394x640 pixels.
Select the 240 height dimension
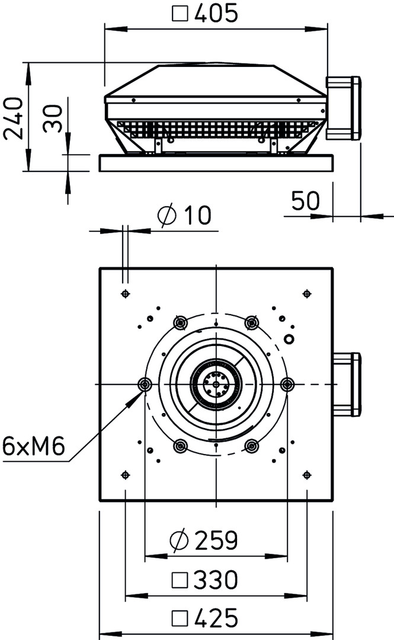coord(12,119)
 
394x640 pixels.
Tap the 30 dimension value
coord(53,119)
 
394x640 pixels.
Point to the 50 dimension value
coord(306,200)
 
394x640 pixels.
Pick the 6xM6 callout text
coord(34,446)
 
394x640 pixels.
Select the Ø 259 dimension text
coord(203,540)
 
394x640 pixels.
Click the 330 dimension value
coord(216,580)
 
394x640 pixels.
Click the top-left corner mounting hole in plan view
coord(126,293)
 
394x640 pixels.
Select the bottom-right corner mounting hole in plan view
coord(307,475)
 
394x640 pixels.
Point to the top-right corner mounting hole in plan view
coord(307,293)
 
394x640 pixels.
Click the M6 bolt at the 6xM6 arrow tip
coord(145,384)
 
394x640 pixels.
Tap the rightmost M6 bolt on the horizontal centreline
coord(287,384)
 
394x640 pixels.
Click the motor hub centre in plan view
coord(216,384)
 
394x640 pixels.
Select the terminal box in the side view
coord(343,108)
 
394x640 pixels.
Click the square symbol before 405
coord(180,14)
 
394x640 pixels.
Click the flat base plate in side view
coord(216,163)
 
